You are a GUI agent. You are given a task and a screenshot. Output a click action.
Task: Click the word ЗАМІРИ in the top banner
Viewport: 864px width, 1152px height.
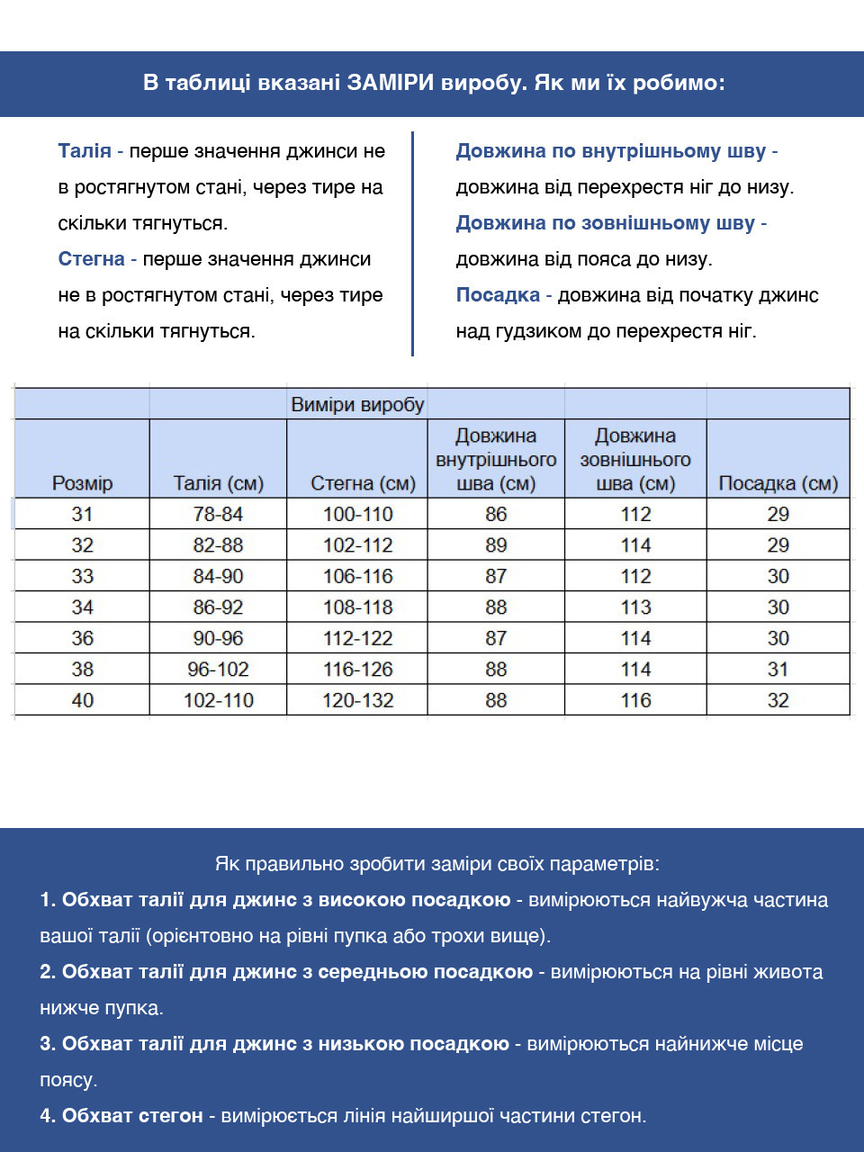point(391,84)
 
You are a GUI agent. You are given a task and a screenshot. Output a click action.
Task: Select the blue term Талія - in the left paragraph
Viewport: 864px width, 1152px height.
point(90,151)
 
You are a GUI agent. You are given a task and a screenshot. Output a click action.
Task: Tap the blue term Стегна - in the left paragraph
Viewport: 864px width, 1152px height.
point(96,259)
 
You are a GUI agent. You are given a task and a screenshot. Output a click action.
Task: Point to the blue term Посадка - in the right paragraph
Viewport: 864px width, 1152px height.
point(503,295)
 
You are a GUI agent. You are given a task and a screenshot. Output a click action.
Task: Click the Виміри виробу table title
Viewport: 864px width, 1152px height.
point(357,405)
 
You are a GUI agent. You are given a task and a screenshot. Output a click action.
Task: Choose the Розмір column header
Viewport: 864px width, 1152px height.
point(82,483)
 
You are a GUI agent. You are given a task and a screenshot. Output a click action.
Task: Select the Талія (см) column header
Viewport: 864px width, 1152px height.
point(218,483)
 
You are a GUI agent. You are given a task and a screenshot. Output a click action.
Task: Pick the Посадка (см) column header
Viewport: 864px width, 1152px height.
point(778,483)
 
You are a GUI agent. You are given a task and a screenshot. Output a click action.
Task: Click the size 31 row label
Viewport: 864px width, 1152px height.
point(82,514)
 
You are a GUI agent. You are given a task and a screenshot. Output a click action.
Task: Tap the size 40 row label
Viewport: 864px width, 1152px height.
point(82,700)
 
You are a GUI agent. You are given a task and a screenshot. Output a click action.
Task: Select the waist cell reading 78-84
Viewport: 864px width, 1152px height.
point(218,514)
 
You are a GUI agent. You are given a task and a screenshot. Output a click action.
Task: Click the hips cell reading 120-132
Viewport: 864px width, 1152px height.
point(357,700)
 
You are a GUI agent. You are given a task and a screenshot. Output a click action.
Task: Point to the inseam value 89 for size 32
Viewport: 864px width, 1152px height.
point(496,545)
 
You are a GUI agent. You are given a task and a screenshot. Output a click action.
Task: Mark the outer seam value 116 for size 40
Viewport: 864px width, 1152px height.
point(635,700)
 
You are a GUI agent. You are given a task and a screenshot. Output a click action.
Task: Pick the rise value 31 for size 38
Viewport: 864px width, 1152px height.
point(778,670)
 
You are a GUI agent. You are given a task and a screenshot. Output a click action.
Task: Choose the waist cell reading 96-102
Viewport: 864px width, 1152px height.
point(218,670)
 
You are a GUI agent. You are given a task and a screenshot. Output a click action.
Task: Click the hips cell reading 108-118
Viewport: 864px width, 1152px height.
point(357,607)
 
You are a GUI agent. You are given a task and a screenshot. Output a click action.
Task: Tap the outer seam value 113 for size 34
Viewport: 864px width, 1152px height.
point(635,607)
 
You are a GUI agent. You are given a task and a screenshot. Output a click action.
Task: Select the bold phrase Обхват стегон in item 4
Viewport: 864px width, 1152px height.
point(132,1116)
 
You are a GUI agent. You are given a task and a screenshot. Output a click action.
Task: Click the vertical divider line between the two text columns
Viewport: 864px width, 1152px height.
point(412,243)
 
